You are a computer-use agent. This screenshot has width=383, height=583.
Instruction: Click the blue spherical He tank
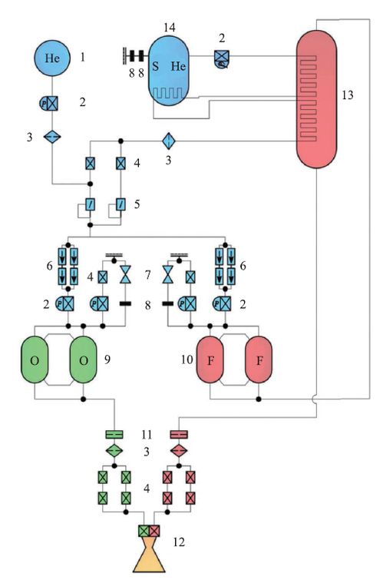coord(52,58)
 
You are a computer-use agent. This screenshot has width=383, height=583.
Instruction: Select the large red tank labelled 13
coord(316,99)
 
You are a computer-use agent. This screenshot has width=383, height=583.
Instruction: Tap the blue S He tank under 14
coord(169,71)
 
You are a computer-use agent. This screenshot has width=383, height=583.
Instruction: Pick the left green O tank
coord(35,359)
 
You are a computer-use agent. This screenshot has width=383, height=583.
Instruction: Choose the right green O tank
coord(84,359)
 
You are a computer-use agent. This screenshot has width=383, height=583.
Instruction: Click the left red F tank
coord(210,359)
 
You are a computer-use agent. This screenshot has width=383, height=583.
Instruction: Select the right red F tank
coord(259,359)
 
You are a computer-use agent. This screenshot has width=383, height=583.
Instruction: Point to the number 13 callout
coord(348,95)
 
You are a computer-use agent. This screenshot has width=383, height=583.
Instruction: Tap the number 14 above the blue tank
coord(170,28)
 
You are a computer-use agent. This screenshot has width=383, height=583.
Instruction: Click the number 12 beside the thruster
coord(179,542)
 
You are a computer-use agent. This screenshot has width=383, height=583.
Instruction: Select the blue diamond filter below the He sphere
coord(52,137)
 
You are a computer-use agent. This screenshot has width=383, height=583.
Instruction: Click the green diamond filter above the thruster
coord(114,451)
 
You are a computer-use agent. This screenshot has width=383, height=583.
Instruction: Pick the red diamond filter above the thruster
coord(179,451)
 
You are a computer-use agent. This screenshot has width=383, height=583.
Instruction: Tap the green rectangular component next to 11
coord(114,434)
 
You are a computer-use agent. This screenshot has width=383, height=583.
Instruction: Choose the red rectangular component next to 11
coord(179,434)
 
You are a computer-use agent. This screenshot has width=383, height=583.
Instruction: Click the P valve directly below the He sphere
coord(49,103)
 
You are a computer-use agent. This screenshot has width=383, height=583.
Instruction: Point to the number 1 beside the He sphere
coord(82,58)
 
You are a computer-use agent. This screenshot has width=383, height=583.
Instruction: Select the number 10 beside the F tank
coord(187,359)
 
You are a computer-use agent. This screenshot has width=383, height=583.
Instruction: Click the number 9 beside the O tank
coord(107,359)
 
